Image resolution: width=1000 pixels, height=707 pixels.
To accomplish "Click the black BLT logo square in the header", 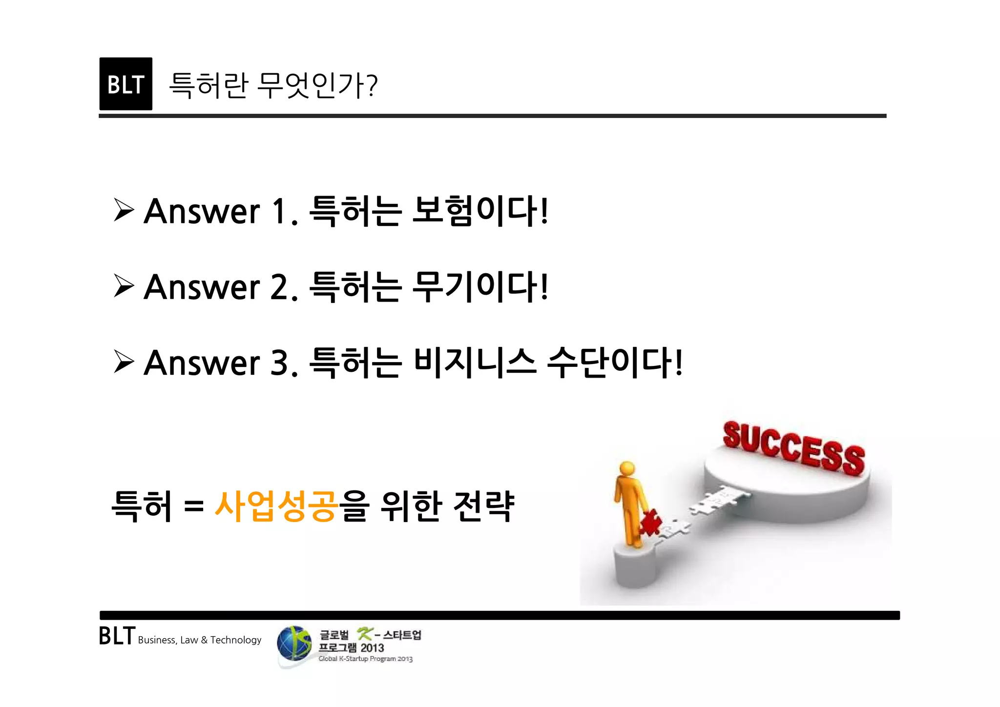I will point(125,84).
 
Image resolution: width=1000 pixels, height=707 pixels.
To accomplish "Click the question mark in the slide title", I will point(372,86).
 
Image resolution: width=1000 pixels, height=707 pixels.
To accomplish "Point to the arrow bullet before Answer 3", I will point(124,362).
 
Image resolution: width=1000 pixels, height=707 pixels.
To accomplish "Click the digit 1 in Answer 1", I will point(279,211).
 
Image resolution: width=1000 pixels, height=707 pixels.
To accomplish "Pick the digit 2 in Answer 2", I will point(279,287).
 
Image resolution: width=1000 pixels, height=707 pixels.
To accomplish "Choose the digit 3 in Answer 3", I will point(279,363).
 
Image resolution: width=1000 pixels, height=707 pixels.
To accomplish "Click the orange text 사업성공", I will point(276,506).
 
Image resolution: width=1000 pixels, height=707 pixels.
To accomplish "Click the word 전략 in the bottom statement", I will point(483,506).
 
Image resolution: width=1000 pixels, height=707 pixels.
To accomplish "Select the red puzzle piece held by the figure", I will point(650,522).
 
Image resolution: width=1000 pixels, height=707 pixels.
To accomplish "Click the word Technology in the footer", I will point(236,640).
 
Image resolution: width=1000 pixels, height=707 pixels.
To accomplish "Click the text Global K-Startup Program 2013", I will point(365,659).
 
